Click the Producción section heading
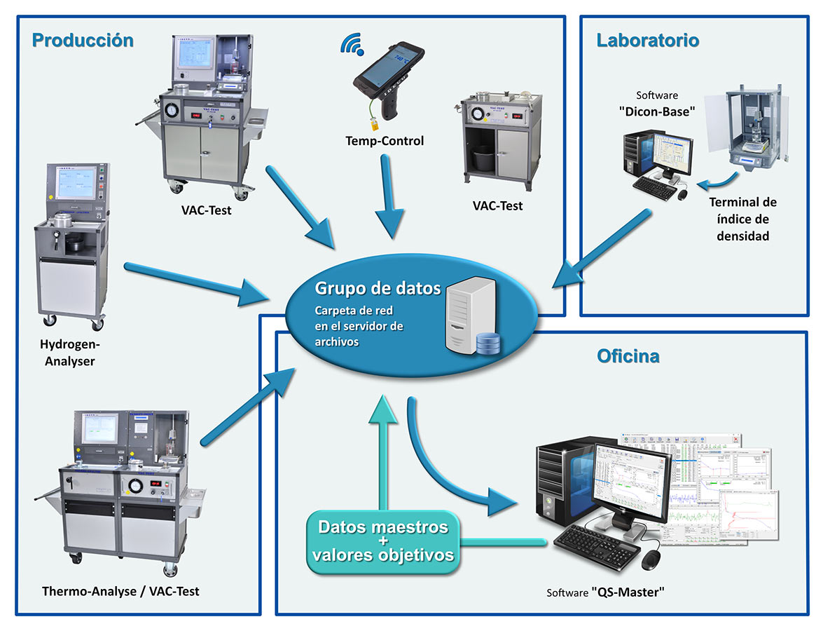[x=83, y=40]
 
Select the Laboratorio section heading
[x=647, y=40]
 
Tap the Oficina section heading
[x=628, y=356]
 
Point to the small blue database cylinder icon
[x=487, y=344]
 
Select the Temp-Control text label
[x=385, y=141]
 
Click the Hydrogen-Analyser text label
[x=70, y=353]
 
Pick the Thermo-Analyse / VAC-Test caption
[x=120, y=591]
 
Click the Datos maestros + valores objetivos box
[x=383, y=542]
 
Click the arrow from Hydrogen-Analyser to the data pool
[x=196, y=282]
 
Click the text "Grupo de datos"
[x=378, y=288]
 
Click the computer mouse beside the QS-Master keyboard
[x=651, y=559]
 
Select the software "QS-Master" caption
[x=604, y=592]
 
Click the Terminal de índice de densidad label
[x=742, y=219]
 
